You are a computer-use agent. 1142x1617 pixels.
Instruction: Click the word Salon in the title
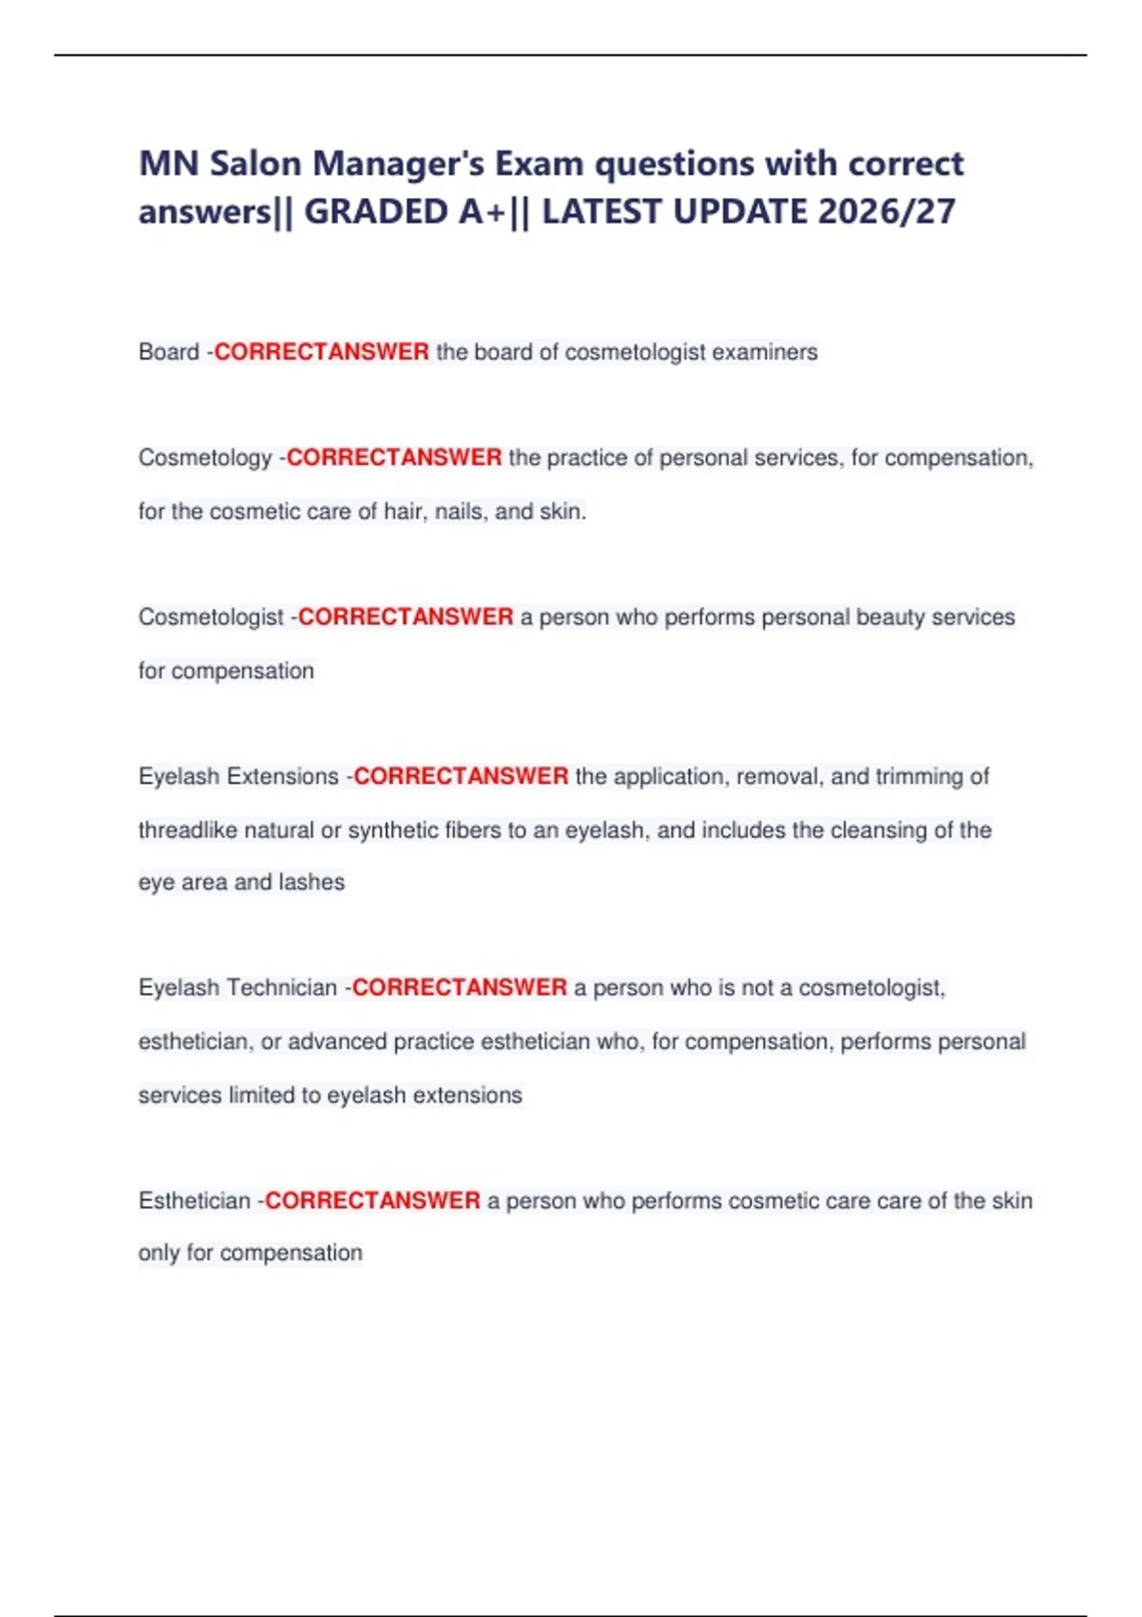point(256,164)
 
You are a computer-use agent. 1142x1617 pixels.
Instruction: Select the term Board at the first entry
point(168,352)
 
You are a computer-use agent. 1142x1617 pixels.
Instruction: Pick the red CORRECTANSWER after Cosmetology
point(394,458)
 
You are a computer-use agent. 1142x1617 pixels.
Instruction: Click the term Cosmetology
point(205,458)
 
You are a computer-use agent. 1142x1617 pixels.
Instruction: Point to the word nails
point(461,512)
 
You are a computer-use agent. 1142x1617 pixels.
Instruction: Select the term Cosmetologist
point(210,617)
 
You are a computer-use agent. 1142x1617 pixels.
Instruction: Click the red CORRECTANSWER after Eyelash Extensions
point(461,776)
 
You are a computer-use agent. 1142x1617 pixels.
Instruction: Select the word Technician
point(283,988)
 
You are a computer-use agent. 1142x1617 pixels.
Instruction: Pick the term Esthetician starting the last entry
point(194,1201)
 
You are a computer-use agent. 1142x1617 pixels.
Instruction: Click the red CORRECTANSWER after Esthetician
point(372,1201)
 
